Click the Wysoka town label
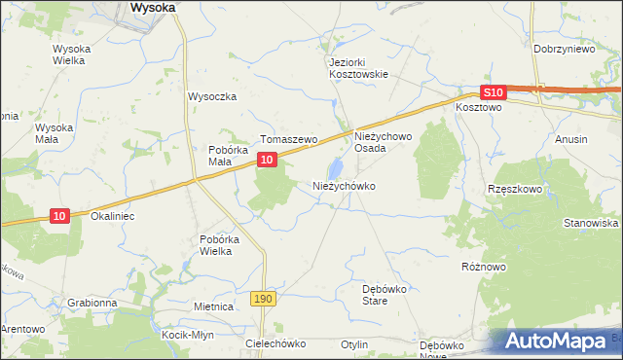point(153,7)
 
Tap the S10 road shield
point(494,92)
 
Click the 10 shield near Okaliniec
point(59,215)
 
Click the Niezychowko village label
point(344,185)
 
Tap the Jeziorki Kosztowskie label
point(358,67)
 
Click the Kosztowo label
point(478,108)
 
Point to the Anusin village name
point(571,139)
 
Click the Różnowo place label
point(485,265)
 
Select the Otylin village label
point(354,344)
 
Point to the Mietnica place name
point(213,306)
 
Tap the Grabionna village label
point(92,303)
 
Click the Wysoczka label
point(212,96)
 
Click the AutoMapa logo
point(555,342)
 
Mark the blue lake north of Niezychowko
point(337,165)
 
